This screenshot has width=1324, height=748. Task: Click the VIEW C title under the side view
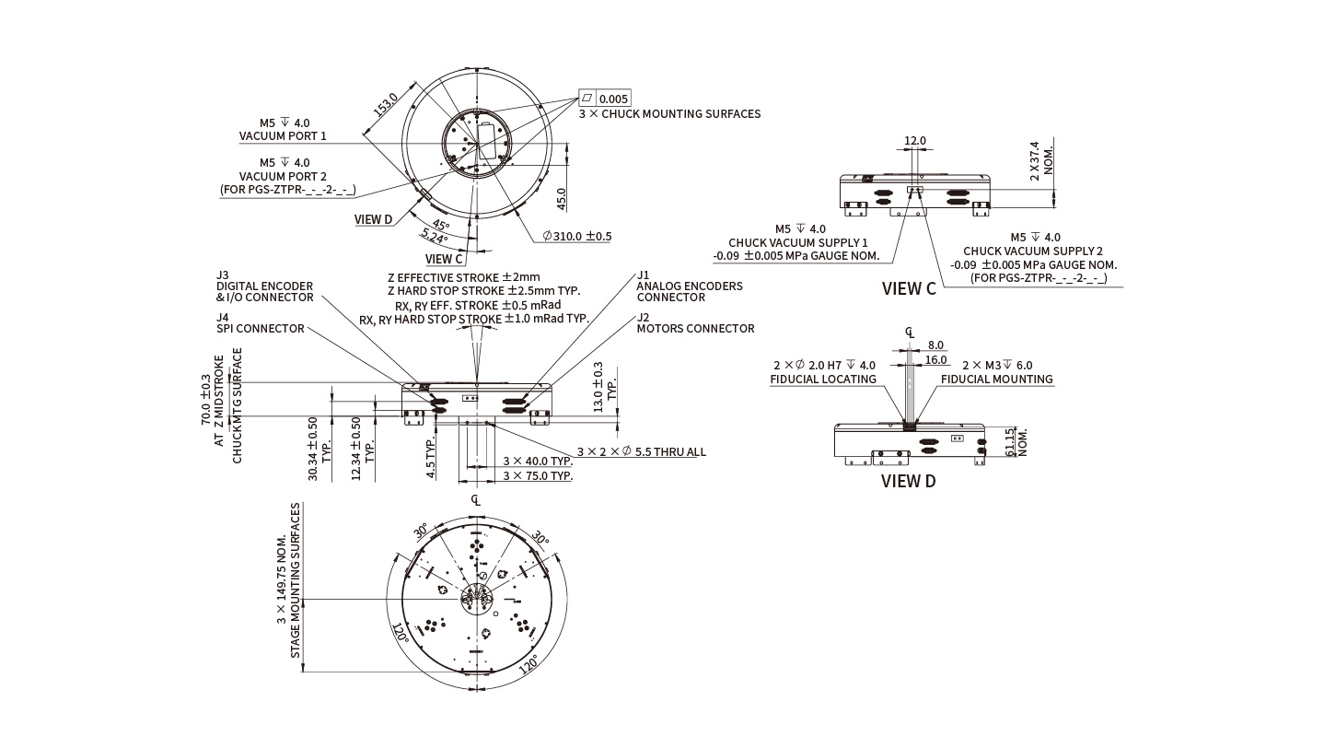pyautogui.click(x=908, y=288)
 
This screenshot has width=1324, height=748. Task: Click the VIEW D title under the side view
pyautogui.click(x=908, y=480)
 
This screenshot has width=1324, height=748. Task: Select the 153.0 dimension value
pyautogui.click(x=385, y=104)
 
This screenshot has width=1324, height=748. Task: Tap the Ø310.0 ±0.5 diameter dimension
pyautogui.click(x=577, y=236)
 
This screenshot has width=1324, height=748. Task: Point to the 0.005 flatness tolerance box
pyautogui.click(x=613, y=99)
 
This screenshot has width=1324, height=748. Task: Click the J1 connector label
pyautogui.click(x=643, y=275)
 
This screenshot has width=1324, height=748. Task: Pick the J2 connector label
pyautogui.click(x=643, y=317)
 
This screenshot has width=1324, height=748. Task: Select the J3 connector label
pyautogui.click(x=222, y=275)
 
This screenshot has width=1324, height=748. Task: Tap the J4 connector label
pyautogui.click(x=222, y=317)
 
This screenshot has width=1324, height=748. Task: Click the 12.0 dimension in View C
pyautogui.click(x=915, y=141)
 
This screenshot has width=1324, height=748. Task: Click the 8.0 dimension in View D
pyautogui.click(x=935, y=345)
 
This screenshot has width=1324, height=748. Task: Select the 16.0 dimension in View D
pyautogui.click(x=935, y=360)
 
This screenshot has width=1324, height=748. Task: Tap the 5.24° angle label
pyautogui.click(x=434, y=238)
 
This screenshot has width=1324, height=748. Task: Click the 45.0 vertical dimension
pyautogui.click(x=562, y=199)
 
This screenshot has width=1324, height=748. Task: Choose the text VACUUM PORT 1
pyautogui.click(x=283, y=135)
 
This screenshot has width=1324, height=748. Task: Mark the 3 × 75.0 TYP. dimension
pyautogui.click(x=538, y=475)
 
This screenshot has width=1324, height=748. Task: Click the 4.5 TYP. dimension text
pyautogui.click(x=430, y=458)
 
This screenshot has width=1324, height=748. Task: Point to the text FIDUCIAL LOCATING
pyautogui.click(x=822, y=379)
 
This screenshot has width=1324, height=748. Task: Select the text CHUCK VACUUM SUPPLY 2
pyautogui.click(x=1032, y=251)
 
